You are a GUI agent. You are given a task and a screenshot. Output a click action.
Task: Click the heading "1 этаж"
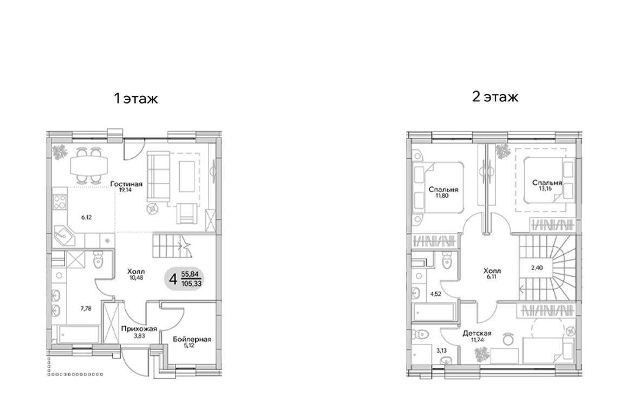[135, 99]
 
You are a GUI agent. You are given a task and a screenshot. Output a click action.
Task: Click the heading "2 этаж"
[495, 97]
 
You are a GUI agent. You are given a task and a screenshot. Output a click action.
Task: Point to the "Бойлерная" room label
[192, 339]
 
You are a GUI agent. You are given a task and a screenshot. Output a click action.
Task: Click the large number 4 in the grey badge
[173, 280]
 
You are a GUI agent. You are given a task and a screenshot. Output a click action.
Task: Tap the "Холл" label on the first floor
[135, 271]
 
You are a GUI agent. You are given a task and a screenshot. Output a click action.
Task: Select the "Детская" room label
[477, 333]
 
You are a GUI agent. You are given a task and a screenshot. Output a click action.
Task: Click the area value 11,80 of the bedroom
[443, 197]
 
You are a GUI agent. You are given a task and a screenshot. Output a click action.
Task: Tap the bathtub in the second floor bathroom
[434, 313]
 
